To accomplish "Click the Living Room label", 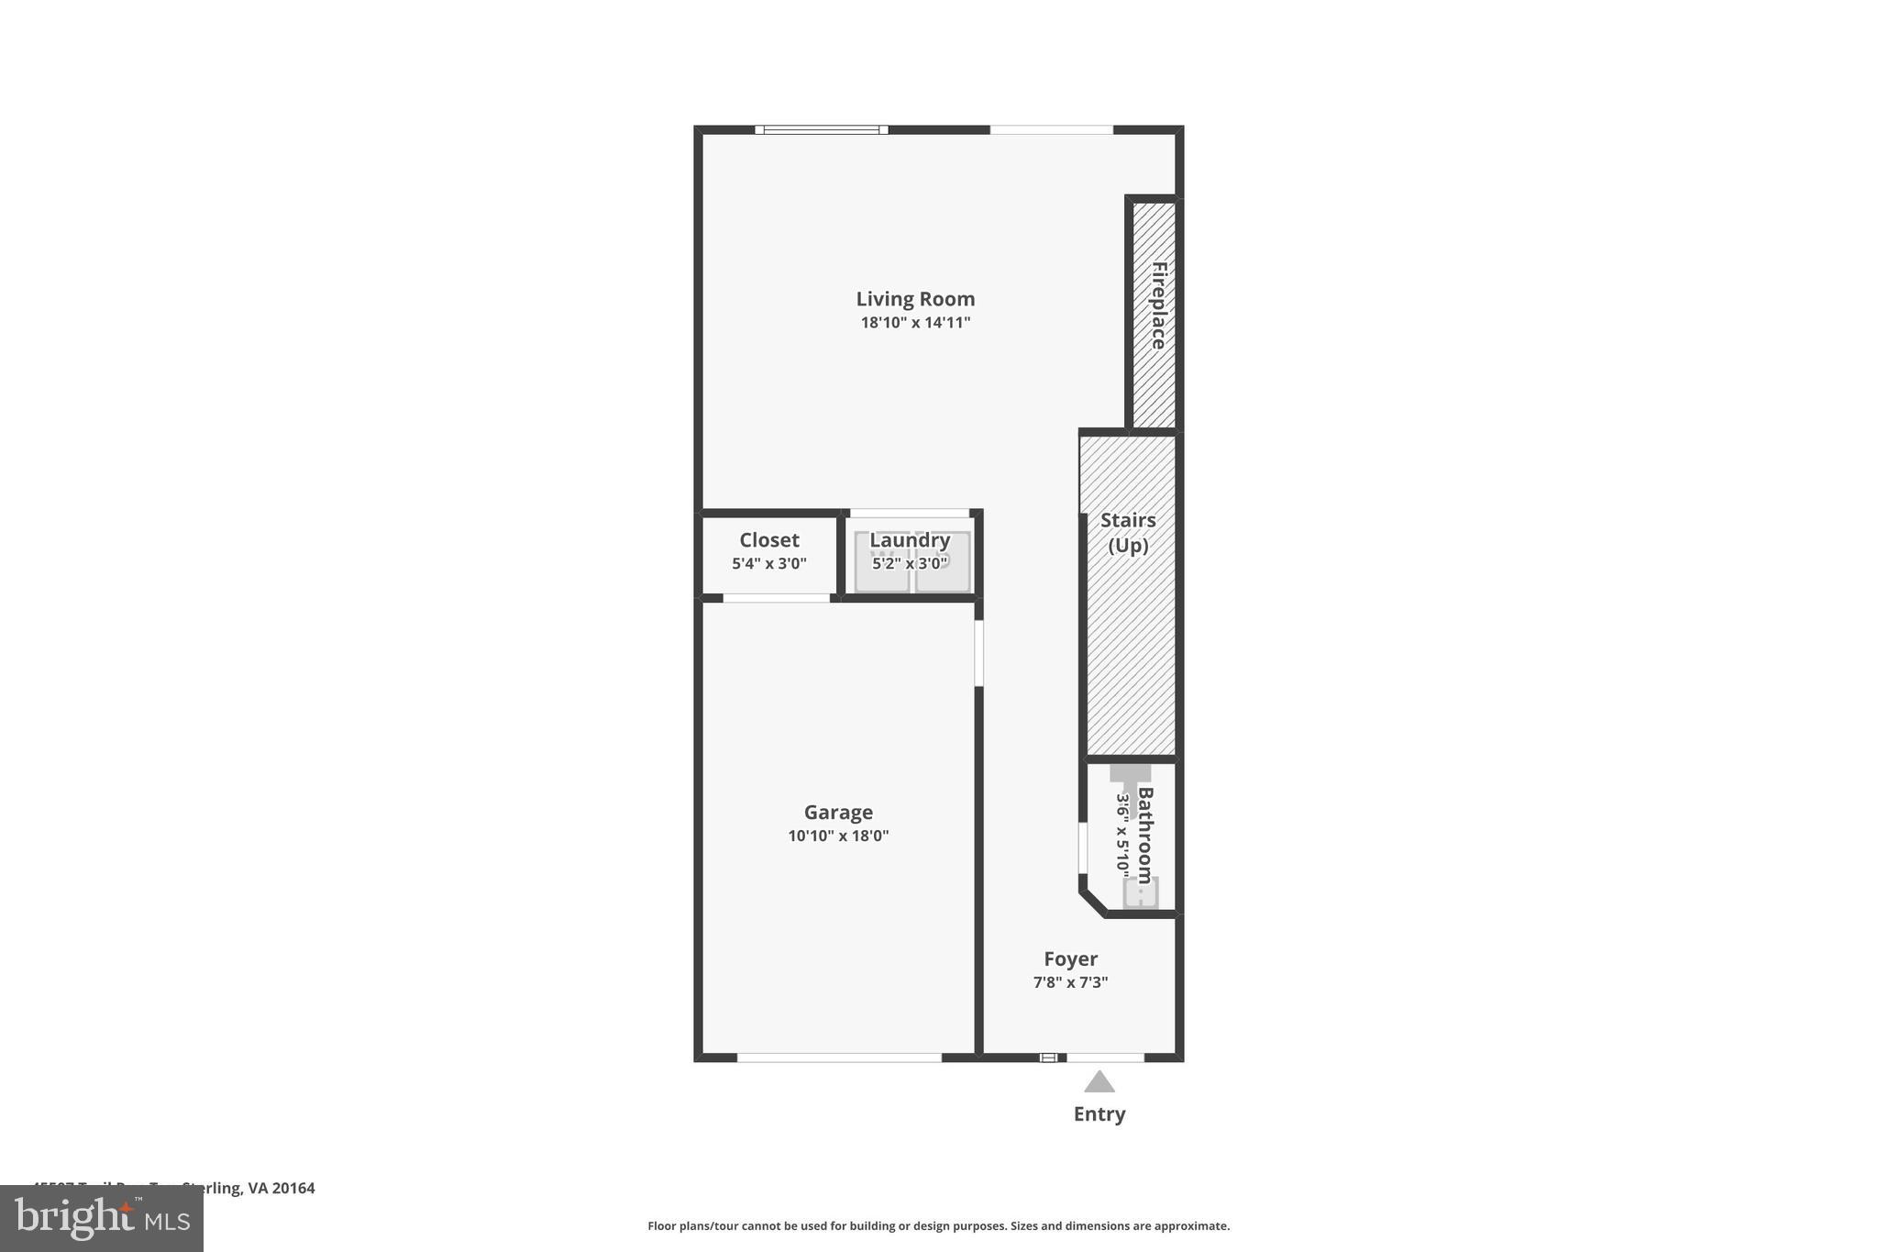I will (915, 299).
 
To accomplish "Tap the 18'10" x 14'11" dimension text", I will (915, 323).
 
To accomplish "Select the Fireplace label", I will (1158, 305).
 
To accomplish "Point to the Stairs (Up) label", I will (1128, 533).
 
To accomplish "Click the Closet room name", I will (769, 540).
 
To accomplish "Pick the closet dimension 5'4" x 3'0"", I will (769, 563).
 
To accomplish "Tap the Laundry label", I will (910, 540).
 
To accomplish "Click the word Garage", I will (838, 813).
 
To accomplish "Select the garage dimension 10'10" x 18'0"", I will (838, 836).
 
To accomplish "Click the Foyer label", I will (1070, 959).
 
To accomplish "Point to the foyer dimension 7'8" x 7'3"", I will (1070, 982).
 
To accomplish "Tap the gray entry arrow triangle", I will (1099, 1083).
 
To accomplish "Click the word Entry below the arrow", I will (1099, 1114).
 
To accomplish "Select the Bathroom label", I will (1145, 835).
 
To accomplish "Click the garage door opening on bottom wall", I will (839, 1058).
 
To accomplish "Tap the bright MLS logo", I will (102, 1219).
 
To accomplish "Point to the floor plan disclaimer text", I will (938, 1226).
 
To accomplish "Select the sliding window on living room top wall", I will (822, 130).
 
